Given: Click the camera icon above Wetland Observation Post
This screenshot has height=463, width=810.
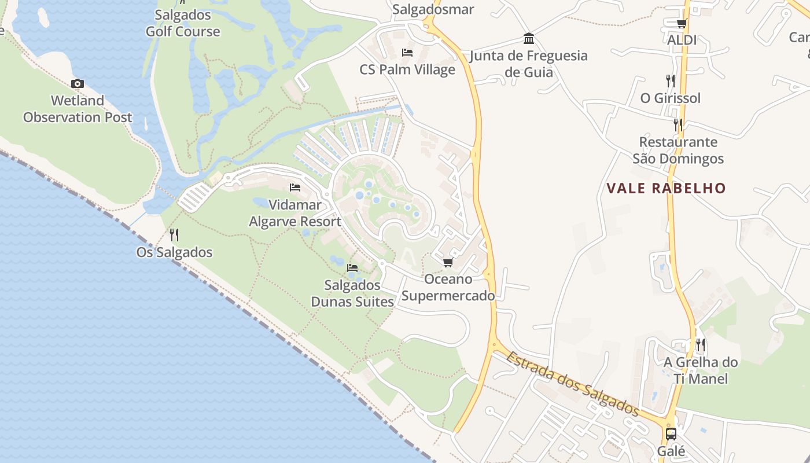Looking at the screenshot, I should [x=77, y=84].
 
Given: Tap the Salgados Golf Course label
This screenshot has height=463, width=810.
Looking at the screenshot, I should [x=182, y=23].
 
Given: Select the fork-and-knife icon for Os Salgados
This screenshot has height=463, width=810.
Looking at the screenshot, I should [x=174, y=234].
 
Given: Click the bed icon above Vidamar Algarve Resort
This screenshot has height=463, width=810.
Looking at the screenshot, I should [x=295, y=188].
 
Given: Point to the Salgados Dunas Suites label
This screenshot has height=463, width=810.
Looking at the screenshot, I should [x=352, y=293].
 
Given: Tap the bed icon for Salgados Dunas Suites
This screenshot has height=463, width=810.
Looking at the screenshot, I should [x=352, y=268].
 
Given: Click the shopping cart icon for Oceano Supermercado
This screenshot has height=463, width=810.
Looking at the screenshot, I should [x=448, y=263].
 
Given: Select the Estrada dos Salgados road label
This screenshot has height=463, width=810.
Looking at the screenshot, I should [x=572, y=384].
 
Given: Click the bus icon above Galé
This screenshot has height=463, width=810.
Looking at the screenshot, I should [x=671, y=433].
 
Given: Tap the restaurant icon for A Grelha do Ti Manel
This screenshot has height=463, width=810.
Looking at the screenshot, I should [x=700, y=346].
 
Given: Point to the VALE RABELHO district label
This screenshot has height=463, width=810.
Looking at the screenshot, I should [x=666, y=188].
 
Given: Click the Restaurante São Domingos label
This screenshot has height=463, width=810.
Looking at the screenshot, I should [x=678, y=150].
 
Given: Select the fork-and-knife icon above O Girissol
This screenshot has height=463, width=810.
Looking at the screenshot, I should [x=670, y=80].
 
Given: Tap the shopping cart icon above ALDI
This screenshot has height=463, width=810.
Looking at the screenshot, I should [x=682, y=23].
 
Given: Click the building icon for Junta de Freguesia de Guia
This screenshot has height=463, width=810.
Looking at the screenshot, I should [x=529, y=39].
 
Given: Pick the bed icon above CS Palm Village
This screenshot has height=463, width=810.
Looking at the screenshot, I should [x=407, y=53].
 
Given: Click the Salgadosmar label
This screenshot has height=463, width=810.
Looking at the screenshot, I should [x=433, y=9].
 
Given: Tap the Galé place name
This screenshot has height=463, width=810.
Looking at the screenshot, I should [x=671, y=451].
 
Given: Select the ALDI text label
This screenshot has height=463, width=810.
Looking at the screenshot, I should [x=682, y=40].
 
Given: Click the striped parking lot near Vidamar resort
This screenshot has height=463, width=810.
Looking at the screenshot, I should [x=195, y=197].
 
